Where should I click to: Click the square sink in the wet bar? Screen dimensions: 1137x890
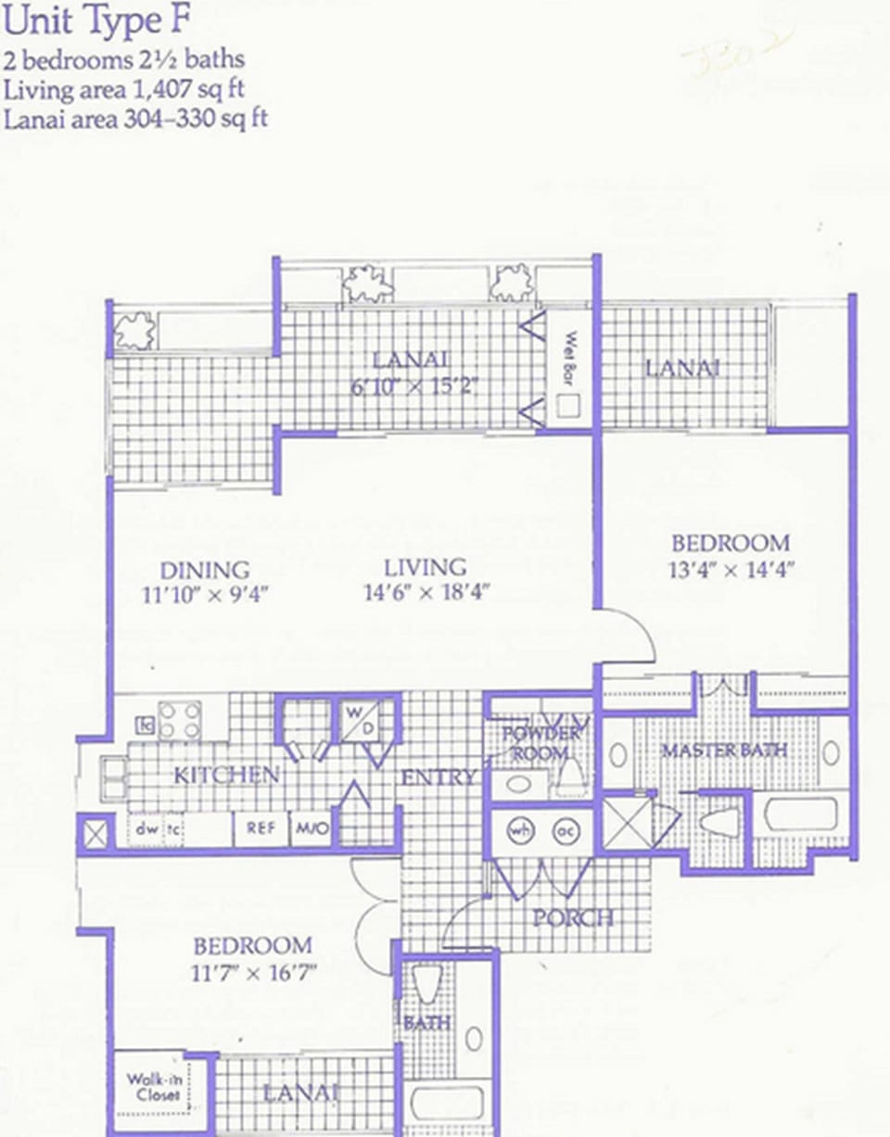coord(568,404)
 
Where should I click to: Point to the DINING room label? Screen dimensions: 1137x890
coord(205,570)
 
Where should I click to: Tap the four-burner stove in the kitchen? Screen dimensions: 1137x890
coord(180,719)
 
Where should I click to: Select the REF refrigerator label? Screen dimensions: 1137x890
coord(260,828)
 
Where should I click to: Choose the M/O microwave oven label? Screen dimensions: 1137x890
coord(311,828)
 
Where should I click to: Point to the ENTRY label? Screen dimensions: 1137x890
coord(439,777)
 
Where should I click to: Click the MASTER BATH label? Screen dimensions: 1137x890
coord(724,749)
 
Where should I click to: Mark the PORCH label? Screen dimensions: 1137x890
coord(572,917)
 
